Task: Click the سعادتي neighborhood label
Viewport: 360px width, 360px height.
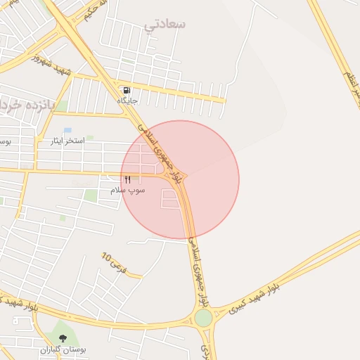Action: point(165,24)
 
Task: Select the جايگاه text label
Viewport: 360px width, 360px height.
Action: point(127,101)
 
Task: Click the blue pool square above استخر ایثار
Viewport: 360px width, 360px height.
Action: point(67,130)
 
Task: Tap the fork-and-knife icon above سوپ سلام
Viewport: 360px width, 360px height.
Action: point(127,180)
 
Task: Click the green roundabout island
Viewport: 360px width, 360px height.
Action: point(204,318)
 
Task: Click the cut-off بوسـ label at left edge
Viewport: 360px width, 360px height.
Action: point(5,141)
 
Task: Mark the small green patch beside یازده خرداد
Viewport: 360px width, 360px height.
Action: point(63,106)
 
